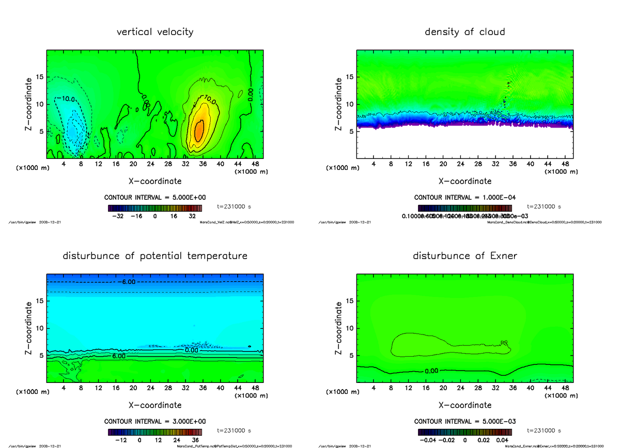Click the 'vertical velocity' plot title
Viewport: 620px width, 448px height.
(x=155, y=32)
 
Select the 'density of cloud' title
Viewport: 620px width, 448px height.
(x=464, y=32)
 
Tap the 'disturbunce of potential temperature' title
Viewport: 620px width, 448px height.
(x=155, y=256)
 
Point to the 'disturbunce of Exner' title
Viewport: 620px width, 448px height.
(x=464, y=256)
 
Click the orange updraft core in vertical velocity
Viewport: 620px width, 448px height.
(x=198, y=131)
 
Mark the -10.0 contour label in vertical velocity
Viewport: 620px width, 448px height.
(x=66, y=99)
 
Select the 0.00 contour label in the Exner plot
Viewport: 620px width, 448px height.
(x=432, y=371)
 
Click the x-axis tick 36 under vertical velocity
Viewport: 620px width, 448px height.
(x=203, y=164)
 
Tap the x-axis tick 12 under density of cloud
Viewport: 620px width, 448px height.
(x=408, y=164)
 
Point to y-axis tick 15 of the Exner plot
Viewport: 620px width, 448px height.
(x=349, y=301)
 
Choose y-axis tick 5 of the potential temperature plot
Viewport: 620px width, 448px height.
(x=41, y=356)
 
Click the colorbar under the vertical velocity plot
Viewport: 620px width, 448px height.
(x=154, y=208)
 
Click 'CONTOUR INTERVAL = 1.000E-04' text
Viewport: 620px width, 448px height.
(x=464, y=198)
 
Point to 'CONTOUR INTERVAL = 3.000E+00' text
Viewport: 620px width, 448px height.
(x=154, y=421)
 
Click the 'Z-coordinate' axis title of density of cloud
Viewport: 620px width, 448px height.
(x=339, y=104)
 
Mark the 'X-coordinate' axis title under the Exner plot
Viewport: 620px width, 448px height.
(x=464, y=405)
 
